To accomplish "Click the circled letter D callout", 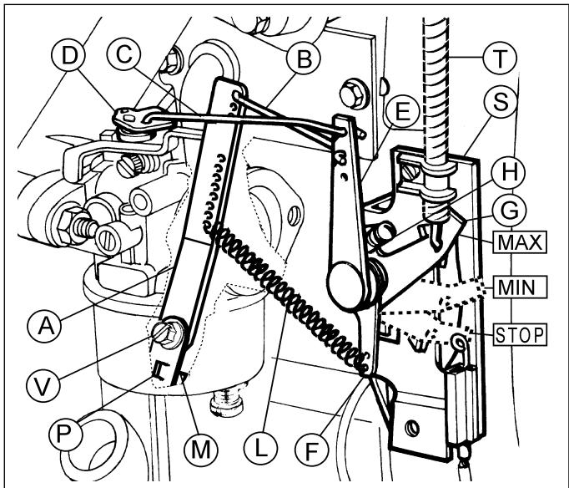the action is pyautogui.click(x=69, y=57).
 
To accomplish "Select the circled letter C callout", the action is pyautogui.click(x=124, y=54).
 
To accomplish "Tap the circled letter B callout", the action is pyautogui.click(x=304, y=58).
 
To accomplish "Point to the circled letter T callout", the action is pyautogui.click(x=500, y=58).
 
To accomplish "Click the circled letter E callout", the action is pyautogui.click(x=402, y=111).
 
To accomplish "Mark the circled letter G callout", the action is pyautogui.click(x=509, y=211).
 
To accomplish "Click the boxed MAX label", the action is pyautogui.click(x=520, y=242).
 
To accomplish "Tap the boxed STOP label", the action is pyautogui.click(x=520, y=334).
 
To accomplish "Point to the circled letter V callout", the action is pyautogui.click(x=43, y=385).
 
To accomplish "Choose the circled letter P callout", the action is pyautogui.click(x=65, y=433).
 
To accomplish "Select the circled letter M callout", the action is pyautogui.click(x=201, y=449).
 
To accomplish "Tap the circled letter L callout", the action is pyautogui.click(x=260, y=449).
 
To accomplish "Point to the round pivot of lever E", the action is pyautogui.click(x=345, y=285).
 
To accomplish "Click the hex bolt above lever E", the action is pyautogui.click(x=353, y=94).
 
